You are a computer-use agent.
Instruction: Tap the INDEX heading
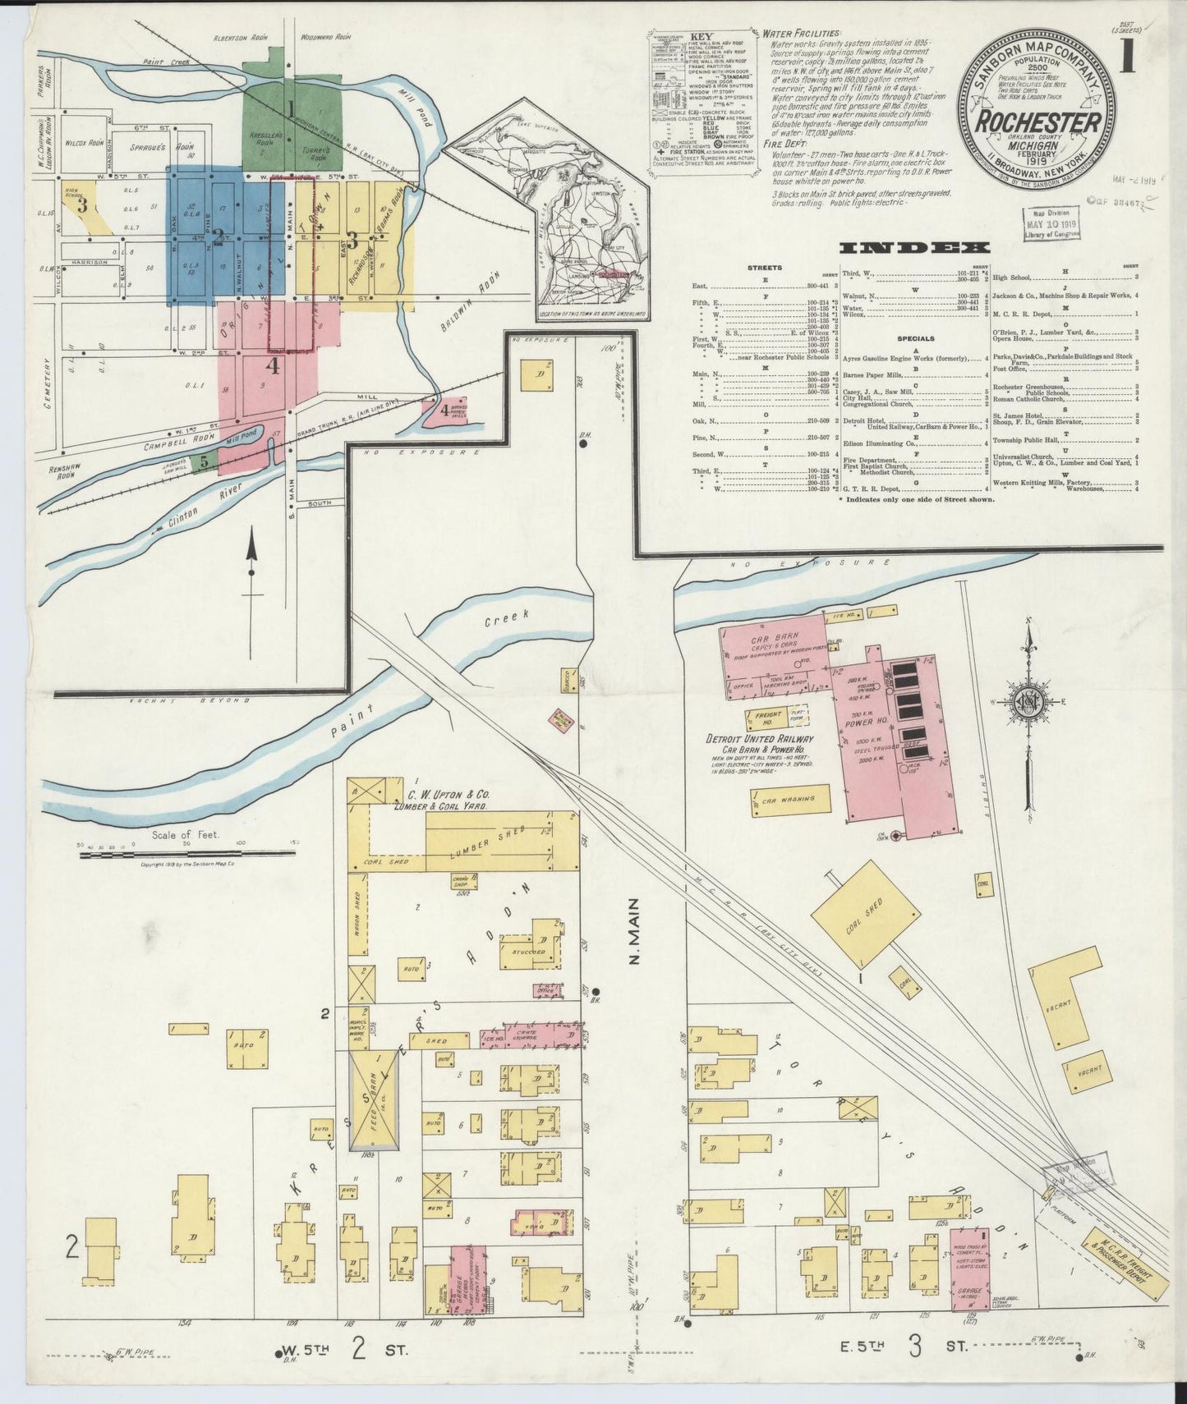tap(914, 248)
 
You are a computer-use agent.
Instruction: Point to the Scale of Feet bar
tap(187, 855)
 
